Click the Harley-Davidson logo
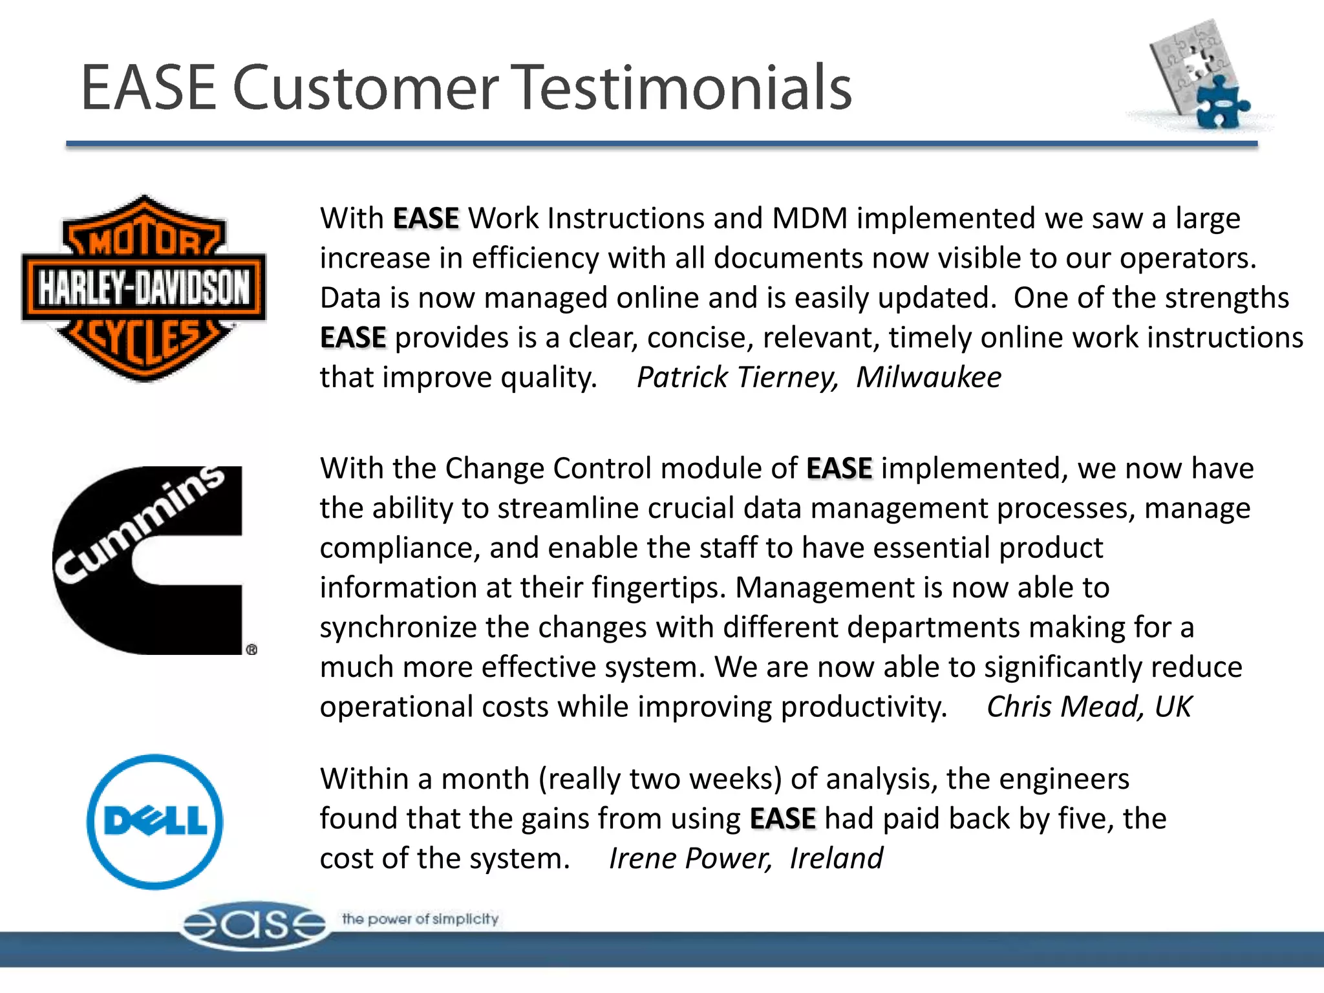tap(144, 288)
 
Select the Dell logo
tap(155, 822)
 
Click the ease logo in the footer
tap(254, 925)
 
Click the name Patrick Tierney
tap(737, 377)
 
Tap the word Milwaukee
tap(928, 377)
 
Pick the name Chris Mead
tap(1060, 707)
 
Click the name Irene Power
tap(690, 859)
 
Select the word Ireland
tap(836, 859)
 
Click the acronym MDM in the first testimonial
tap(809, 219)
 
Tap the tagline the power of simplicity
tap(420, 919)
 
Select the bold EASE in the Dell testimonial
tap(782, 819)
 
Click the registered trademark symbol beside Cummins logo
tap(251, 650)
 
